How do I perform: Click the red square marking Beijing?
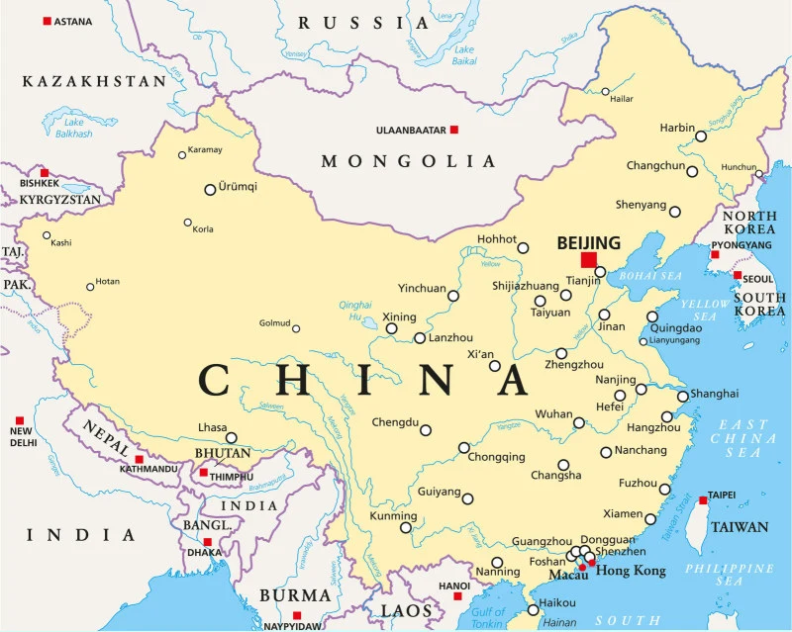tap(589, 260)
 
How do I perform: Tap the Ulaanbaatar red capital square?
tap(454, 130)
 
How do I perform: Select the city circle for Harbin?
tap(701, 136)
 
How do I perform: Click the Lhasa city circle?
tap(232, 437)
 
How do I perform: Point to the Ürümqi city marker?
tap(210, 189)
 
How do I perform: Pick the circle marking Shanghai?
tap(682, 397)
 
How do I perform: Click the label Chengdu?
tap(395, 422)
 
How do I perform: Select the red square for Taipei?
tap(703, 500)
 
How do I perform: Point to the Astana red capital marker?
tap(47, 21)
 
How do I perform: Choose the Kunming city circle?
tap(406, 528)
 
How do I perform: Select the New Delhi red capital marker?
tap(20, 420)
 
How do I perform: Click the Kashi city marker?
tap(47, 235)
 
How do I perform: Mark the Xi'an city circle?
tap(495, 366)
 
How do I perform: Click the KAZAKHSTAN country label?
tap(94, 81)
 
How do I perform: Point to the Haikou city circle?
tap(533, 610)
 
